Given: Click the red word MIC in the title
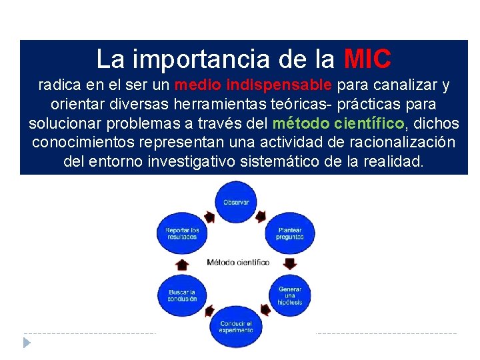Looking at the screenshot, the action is click(367, 59).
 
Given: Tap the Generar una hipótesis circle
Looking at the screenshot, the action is click(290, 295).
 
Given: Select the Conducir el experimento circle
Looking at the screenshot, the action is click(236, 327).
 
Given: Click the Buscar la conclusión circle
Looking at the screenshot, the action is click(182, 295).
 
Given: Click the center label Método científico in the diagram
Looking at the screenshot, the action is click(238, 262).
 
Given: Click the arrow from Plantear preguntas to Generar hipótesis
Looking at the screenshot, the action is click(291, 263).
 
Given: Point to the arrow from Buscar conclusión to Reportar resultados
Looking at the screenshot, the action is click(181, 265).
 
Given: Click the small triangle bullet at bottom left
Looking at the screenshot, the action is click(27, 343).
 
